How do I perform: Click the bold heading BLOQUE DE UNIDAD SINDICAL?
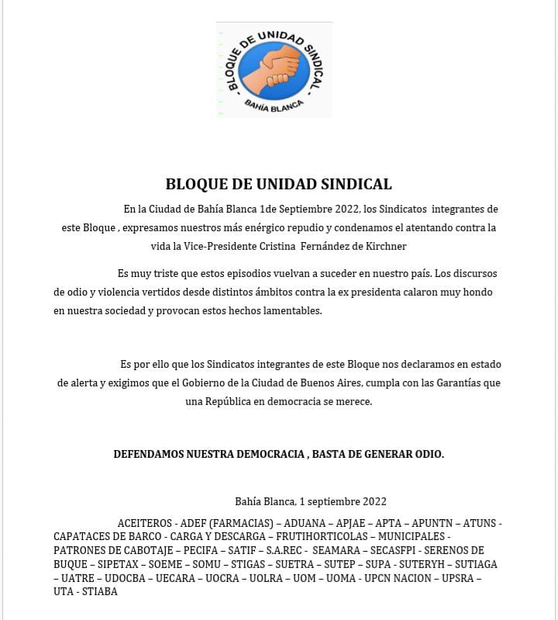279,185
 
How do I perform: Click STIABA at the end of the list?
99,591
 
